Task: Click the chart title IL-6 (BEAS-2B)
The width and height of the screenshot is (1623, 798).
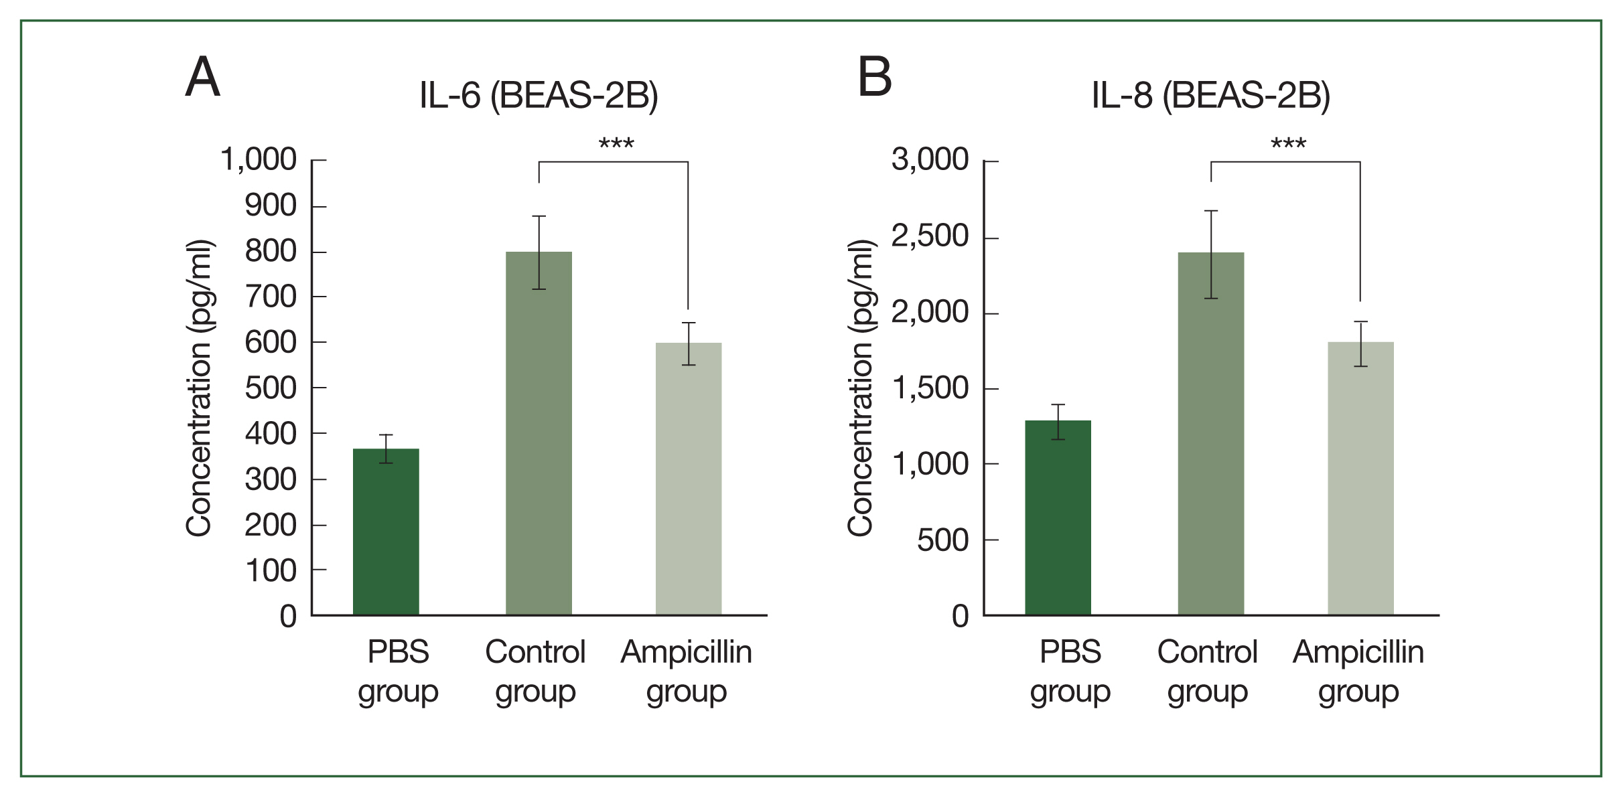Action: point(539,95)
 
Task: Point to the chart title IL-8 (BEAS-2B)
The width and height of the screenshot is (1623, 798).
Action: point(1210,95)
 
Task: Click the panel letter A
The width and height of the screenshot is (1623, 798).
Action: point(202,77)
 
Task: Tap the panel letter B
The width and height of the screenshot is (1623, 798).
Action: point(875,77)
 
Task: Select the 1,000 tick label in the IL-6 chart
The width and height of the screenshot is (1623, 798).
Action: point(259,160)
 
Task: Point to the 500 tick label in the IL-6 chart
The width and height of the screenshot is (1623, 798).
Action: point(271,388)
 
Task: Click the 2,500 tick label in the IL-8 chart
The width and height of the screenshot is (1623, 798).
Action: point(930,236)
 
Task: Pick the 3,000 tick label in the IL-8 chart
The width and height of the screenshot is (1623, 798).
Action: point(930,160)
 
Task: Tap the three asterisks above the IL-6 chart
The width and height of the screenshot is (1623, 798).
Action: point(616,144)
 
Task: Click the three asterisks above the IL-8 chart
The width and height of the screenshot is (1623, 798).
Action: point(1288,144)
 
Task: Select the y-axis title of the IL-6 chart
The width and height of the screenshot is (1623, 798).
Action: point(199,388)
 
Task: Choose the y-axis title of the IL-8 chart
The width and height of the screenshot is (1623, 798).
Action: point(860,388)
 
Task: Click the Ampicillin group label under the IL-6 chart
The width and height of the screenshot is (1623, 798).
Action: point(687,671)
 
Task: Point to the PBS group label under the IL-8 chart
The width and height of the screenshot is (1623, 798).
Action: point(1070,671)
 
